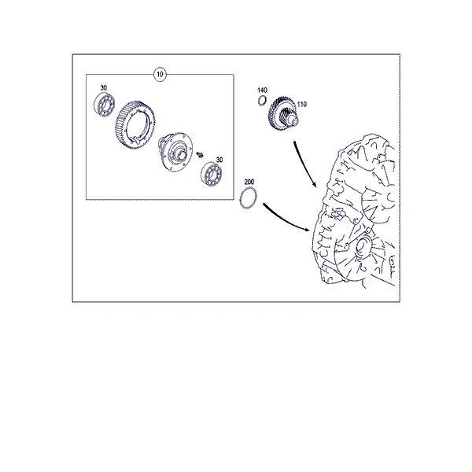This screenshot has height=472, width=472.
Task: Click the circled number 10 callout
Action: point(160,74)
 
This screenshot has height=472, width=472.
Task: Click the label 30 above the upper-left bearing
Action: point(104,88)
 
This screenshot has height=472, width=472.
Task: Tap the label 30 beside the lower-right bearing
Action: point(219,160)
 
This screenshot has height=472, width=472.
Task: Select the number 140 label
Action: point(262,90)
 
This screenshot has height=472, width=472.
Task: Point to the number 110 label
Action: point(301,104)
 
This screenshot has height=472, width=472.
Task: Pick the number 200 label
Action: point(249,182)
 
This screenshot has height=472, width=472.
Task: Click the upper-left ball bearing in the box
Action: point(105,105)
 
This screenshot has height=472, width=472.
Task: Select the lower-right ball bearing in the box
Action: point(212,174)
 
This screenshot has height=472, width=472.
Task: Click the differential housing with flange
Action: point(175,152)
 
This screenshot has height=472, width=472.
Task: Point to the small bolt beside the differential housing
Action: point(200,155)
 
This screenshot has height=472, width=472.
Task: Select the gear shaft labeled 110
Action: point(282,115)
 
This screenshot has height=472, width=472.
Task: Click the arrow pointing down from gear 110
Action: point(303,163)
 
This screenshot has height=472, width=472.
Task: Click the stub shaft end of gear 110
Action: point(293,120)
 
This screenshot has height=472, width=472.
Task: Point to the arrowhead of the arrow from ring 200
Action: point(308,230)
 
